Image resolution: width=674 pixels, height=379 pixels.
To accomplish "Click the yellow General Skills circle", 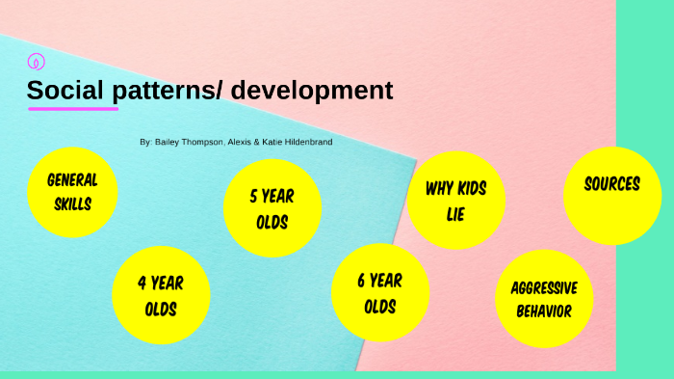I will [71, 192].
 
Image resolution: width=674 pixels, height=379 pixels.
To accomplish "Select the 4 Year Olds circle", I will [161, 296].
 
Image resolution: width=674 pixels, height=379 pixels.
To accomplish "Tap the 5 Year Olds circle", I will [272, 208].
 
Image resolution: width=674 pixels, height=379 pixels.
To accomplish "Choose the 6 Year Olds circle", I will [379, 293].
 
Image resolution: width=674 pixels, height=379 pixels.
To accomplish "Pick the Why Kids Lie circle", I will [455, 201].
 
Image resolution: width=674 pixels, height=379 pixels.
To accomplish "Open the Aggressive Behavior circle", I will [543, 299].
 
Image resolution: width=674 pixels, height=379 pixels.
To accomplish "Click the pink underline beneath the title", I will [73, 109].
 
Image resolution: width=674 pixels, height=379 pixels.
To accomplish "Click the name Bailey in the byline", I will [169, 142].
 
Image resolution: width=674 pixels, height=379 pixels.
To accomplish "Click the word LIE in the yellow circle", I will [455, 214].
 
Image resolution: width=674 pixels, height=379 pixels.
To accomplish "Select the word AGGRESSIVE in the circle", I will [544, 287].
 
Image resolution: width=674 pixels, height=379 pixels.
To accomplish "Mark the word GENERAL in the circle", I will [72, 180].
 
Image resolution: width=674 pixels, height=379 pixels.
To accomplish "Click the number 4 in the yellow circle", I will [142, 284].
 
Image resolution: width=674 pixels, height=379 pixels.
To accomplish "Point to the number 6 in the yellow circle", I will [362, 281].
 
